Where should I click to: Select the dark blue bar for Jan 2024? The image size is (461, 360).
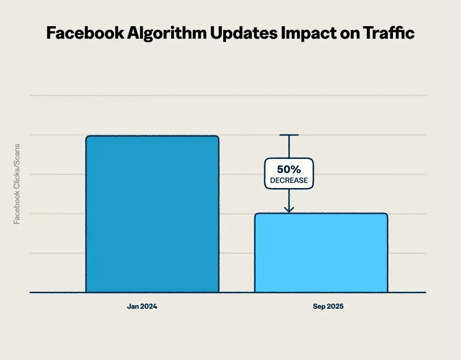tap(152, 214)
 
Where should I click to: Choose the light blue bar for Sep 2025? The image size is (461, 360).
tap(321, 252)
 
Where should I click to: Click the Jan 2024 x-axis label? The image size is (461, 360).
tap(142, 306)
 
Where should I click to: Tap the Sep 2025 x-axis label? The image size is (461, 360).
tap(328, 306)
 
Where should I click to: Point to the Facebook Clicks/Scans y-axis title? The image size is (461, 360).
tap(17, 184)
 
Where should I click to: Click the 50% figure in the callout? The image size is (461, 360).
tap(289, 170)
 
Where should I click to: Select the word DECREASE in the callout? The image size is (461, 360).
tap(289, 180)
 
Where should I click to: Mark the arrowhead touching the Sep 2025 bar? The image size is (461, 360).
tap(289, 209)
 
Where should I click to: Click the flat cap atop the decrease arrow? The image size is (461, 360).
tap(289, 135)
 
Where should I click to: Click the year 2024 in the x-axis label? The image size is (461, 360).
tap(149, 306)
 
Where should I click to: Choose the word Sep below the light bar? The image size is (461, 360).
tap(319, 306)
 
